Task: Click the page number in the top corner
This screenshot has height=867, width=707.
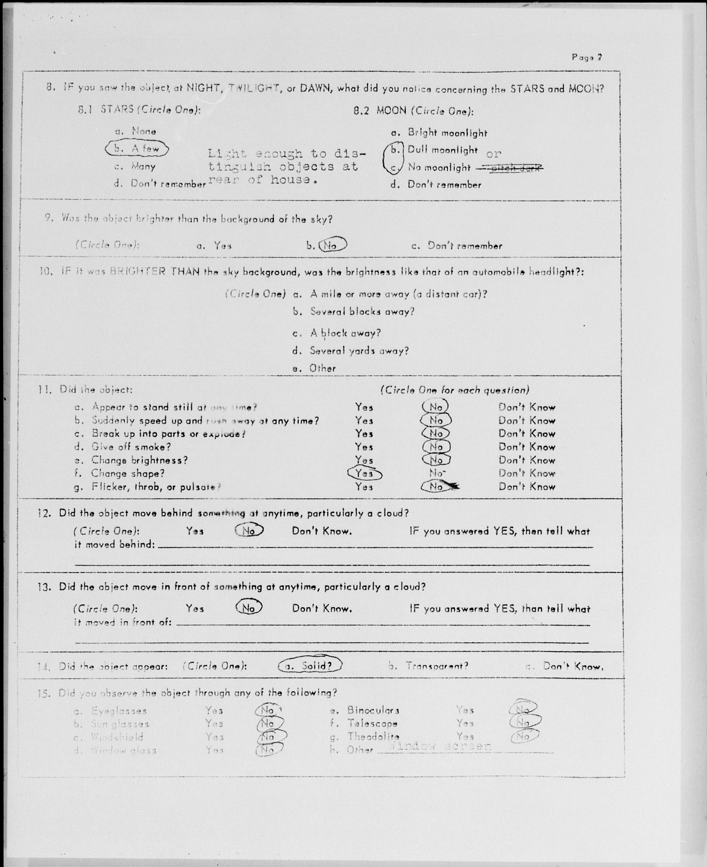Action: (x=586, y=57)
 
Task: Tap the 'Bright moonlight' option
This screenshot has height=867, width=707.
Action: (x=447, y=133)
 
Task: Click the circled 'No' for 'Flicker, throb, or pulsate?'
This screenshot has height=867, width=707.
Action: (x=436, y=486)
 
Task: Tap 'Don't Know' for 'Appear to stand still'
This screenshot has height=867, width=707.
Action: (x=527, y=407)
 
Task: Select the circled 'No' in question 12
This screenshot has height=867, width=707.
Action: (x=249, y=530)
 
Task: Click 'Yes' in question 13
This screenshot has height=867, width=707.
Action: (x=195, y=609)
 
